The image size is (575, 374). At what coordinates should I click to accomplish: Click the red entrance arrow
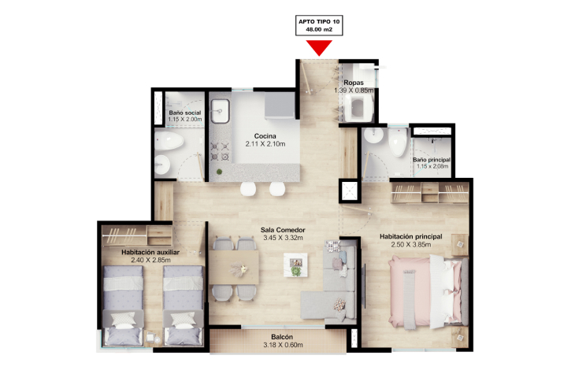click(319, 47)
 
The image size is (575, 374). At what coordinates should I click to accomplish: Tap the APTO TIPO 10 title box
click(319, 25)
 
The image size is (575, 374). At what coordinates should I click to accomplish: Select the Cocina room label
click(265, 136)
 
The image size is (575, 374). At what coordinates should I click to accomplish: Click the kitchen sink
click(220, 111)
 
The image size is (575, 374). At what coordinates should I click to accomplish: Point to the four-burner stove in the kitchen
click(220, 152)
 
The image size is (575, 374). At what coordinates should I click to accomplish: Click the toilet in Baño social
click(169, 141)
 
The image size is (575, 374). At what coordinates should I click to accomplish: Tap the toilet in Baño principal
click(398, 142)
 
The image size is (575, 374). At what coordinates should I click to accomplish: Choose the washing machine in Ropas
click(358, 108)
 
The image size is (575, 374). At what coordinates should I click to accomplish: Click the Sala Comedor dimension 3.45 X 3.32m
click(283, 238)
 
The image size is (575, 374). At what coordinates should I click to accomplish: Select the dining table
click(234, 267)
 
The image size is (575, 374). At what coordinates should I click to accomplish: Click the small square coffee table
click(295, 265)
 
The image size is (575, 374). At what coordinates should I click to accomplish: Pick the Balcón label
click(282, 337)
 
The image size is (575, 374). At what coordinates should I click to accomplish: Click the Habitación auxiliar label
click(150, 252)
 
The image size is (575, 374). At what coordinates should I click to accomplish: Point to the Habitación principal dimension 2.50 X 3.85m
click(410, 245)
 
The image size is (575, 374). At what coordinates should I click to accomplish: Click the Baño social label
click(185, 113)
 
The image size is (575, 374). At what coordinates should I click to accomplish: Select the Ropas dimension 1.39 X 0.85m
click(354, 91)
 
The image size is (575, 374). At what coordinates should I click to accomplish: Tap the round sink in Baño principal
click(373, 135)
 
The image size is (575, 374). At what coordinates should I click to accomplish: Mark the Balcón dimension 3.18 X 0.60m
click(283, 345)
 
